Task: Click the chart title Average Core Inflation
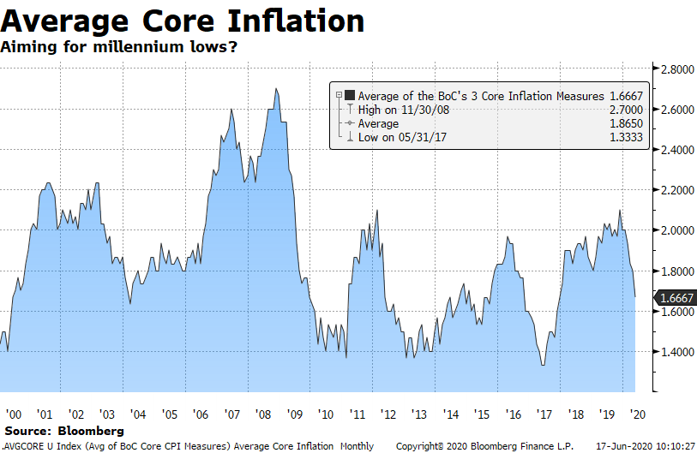(x=183, y=21)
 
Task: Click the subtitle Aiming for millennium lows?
(x=119, y=47)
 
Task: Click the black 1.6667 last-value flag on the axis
(x=675, y=298)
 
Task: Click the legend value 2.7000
(x=618, y=110)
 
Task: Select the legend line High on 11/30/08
(x=402, y=110)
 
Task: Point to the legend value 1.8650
(x=618, y=123)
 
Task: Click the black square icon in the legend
(x=349, y=95)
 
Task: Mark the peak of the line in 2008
(x=275, y=89)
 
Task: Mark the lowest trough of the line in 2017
(x=543, y=366)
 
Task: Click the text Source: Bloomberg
(x=63, y=431)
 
